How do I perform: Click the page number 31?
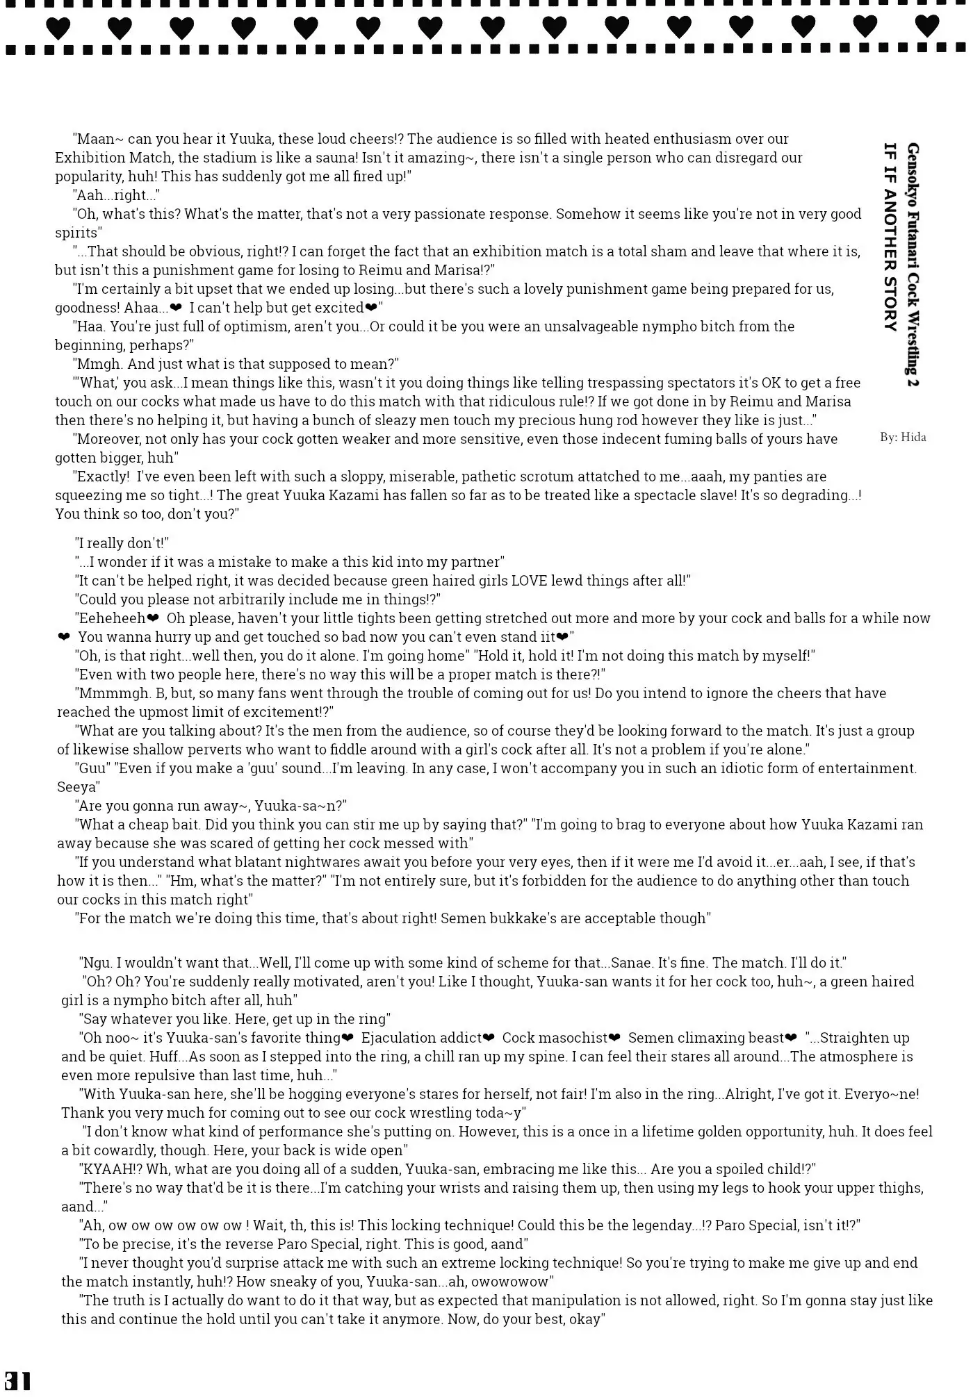17,1380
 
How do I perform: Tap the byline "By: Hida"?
902,437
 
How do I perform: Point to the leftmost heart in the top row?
58,28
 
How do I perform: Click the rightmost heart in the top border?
926,26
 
